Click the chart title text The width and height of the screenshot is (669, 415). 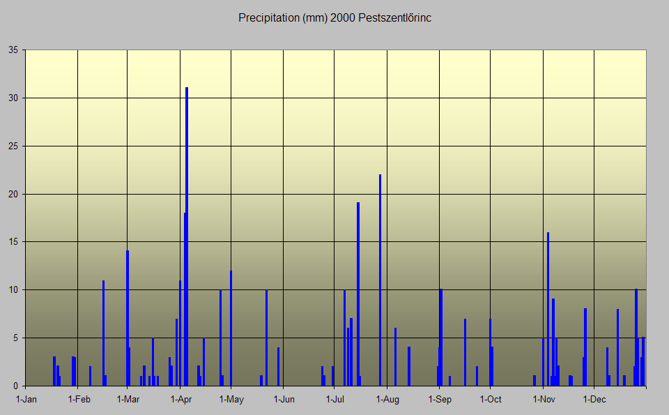pos(334,17)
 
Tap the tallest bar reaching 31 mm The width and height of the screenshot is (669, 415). pos(187,237)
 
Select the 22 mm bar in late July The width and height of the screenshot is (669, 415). pos(380,279)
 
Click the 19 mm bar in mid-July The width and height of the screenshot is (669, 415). pos(358,293)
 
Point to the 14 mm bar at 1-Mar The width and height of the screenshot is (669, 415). pos(127,318)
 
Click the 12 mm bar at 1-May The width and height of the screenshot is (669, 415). pos(231,328)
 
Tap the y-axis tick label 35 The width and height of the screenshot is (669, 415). pos(13,50)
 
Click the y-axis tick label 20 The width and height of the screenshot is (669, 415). pos(13,194)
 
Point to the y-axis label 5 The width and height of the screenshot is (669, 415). pos(16,338)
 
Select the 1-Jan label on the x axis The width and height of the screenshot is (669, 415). pos(26,400)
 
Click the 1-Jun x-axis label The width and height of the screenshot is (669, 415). pos(284,400)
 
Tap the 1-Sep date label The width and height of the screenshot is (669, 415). pos(440,400)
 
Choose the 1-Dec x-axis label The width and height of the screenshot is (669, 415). pos(594,400)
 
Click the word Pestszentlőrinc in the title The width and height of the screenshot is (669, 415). pos(394,17)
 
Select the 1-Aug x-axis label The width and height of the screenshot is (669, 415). pos(387,400)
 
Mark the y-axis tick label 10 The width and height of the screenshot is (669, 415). pos(13,290)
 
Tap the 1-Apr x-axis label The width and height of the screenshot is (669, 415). pos(180,400)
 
